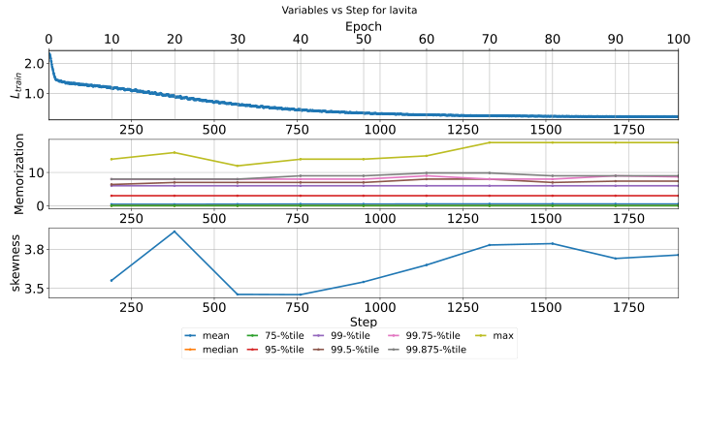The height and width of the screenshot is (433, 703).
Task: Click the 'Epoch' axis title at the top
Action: pyautogui.click(x=364, y=25)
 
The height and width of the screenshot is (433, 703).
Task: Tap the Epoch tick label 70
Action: pyautogui.click(x=489, y=39)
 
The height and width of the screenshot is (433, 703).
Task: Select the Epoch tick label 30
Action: pyautogui.click(x=238, y=39)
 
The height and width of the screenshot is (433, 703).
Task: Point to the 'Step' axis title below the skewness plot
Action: pyautogui.click(x=364, y=321)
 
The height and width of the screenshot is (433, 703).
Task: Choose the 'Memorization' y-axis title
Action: pyautogui.click(x=14, y=173)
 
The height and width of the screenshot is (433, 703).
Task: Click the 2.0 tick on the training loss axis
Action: pyautogui.click(x=33, y=63)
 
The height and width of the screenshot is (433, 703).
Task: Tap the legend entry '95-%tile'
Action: pyautogui.click(x=283, y=349)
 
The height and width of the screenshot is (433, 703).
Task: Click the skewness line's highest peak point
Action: pyautogui.click(x=175, y=232)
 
